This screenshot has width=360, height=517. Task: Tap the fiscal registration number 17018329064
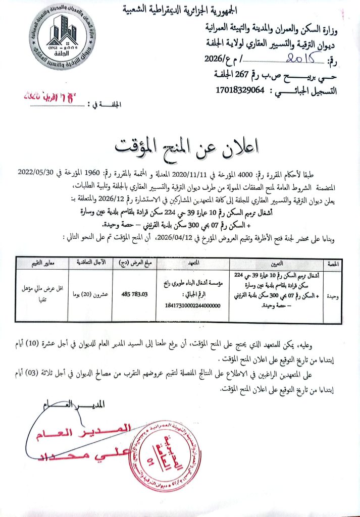coord(241,90)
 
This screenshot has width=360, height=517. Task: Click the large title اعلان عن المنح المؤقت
coord(186,145)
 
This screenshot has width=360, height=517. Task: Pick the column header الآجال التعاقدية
coord(91,264)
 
